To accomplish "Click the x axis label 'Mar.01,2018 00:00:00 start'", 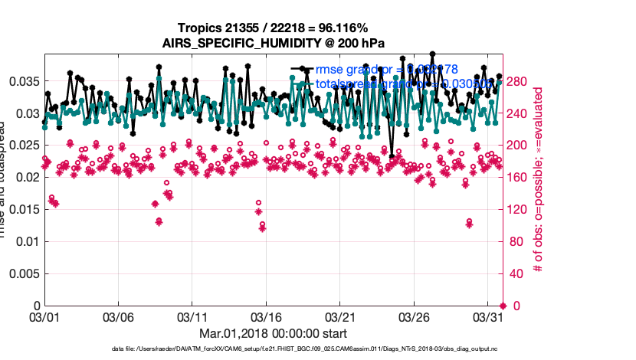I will (273, 333).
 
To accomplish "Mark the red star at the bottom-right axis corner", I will (503, 306).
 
